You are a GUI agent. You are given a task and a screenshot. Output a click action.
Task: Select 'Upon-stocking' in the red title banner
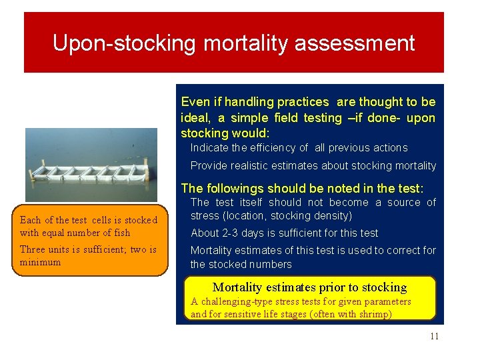click(x=125, y=44)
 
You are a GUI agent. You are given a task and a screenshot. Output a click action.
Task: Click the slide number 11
click(x=434, y=336)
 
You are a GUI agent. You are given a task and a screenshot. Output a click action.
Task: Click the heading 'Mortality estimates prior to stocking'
click(x=309, y=287)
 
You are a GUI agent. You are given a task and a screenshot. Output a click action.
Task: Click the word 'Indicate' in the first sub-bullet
click(x=209, y=147)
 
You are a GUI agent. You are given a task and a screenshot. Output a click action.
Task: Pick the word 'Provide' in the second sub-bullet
click(x=209, y=165)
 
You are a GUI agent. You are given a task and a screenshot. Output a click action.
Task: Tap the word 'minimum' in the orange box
click(x=40, y=262)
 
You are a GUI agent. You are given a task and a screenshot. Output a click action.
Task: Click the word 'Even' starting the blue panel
click(x=195, y=102)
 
